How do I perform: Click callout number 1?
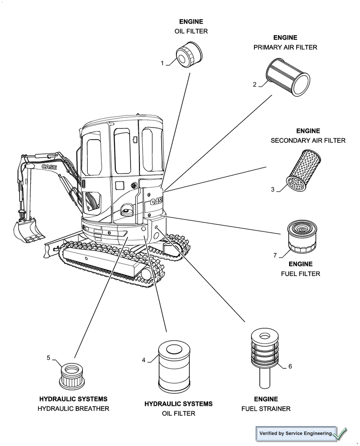click(x=163, y=63)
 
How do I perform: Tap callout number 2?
click(x=254, y=84)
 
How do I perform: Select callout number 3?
click(x=272, y=189)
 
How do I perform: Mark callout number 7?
click(x=275, y=255)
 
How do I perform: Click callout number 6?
click(x=290, y=366)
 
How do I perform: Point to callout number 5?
click(x=49, y=357)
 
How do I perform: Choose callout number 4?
click(x=143, y=360)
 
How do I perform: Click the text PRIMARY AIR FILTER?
click(x=285, y=47)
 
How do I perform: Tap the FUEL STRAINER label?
click(x=266, y=409)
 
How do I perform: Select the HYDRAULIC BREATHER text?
click(x=73, y=409)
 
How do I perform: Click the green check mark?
click(x=340, y=433)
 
